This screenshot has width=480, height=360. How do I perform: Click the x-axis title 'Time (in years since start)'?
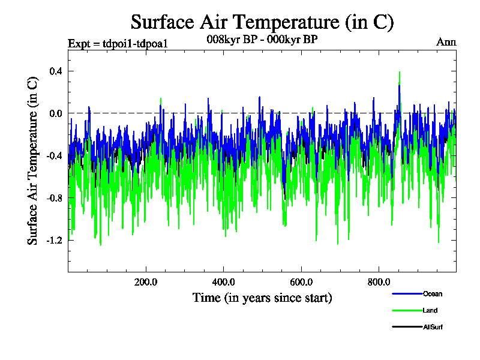(x=262, y=298)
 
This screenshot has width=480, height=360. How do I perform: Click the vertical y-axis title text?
(x=33, y=162)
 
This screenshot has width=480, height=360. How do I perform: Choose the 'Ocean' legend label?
(x=433, y=294)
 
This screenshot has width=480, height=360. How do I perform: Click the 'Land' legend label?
(x=430, y=310)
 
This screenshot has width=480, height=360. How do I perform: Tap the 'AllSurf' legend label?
(x=433, y=327)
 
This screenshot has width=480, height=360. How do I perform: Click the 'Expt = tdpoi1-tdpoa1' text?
(x=117, y=43)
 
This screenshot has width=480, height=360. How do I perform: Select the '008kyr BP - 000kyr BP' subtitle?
(x=262, y=39)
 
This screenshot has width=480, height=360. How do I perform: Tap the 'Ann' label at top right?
(x=446, y=42)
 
